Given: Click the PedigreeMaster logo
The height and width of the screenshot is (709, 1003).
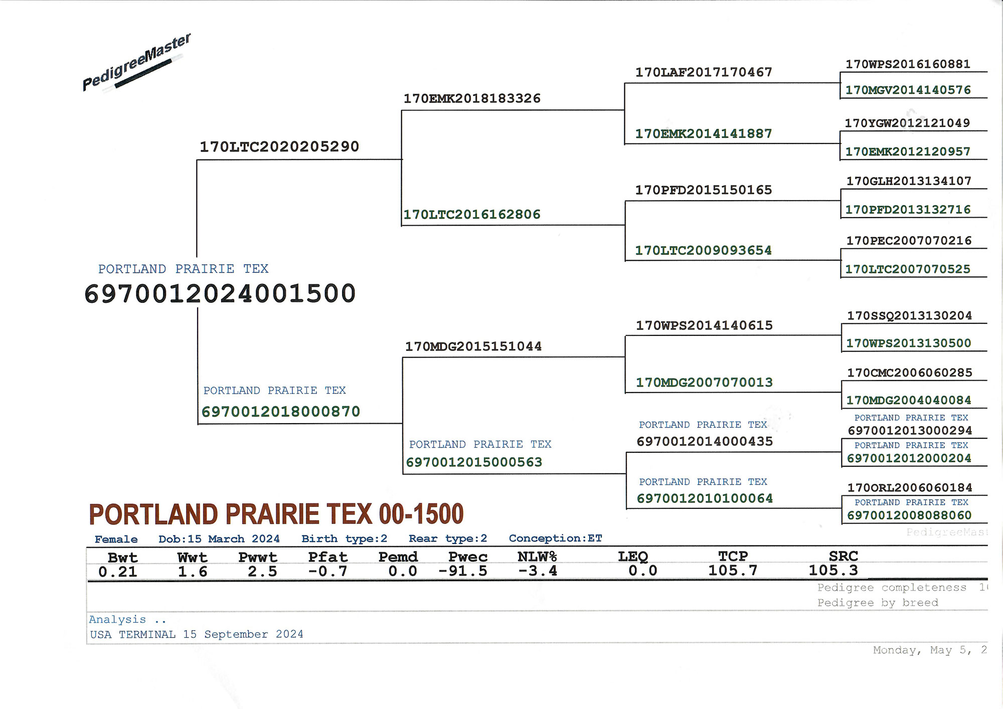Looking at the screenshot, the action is point(136,63).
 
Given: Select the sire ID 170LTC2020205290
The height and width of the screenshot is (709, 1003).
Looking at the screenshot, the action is point(279,146).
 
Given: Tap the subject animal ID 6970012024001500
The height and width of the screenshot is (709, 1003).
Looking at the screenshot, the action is point(220,293).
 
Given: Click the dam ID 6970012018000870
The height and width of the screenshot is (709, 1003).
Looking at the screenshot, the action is point(281,412).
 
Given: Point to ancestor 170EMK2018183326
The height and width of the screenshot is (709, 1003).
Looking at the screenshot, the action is point(472,98).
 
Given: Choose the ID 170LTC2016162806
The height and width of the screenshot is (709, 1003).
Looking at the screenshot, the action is point(472,215).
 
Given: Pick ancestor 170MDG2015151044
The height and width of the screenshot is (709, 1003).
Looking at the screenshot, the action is point(473,346).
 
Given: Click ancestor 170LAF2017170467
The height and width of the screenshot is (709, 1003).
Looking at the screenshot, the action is point(704,72).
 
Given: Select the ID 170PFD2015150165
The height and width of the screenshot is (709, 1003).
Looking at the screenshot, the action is point(704,190).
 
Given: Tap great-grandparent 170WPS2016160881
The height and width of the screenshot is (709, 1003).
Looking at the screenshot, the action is point(908,64).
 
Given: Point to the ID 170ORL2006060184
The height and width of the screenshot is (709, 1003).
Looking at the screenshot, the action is point(910,487).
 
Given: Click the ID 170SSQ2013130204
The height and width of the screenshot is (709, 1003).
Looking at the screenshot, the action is point(910,315).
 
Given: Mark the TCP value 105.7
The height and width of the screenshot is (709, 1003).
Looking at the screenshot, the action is point(733,571).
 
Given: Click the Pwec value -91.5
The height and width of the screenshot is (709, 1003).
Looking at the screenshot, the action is point(462,571).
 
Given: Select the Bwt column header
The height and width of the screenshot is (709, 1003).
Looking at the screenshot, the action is point(122,558).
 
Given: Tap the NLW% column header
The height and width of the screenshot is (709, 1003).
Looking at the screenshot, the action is point(537,557).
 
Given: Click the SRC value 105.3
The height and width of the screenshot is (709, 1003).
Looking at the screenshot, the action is point(833,570).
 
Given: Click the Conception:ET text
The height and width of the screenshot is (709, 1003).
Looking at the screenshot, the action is point(555,539).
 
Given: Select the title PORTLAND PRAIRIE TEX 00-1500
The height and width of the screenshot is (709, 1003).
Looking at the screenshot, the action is point(276,514).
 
